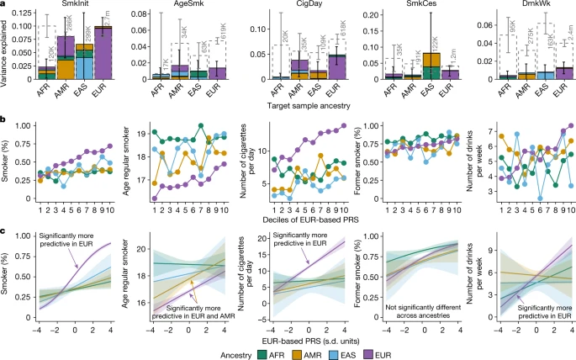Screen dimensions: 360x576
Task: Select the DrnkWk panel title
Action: coord(513,5)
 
